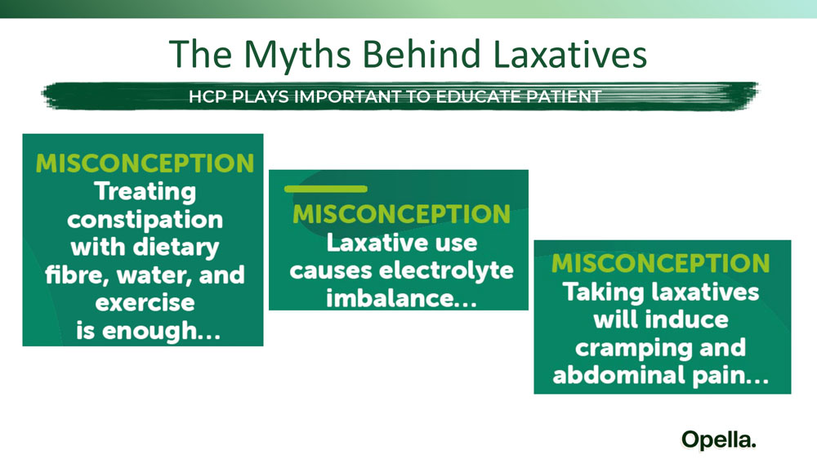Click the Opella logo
[x=718, y=440]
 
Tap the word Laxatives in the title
[x=569, y=54]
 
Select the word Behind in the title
[x=422, y=54]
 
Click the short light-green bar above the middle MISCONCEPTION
[x=326, y=189]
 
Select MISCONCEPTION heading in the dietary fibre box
[x=145, y=163]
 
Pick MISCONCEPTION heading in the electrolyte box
[x=401, y=214]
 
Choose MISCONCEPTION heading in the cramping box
[x=661, y=263]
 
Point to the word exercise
[x=145, y=302]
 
